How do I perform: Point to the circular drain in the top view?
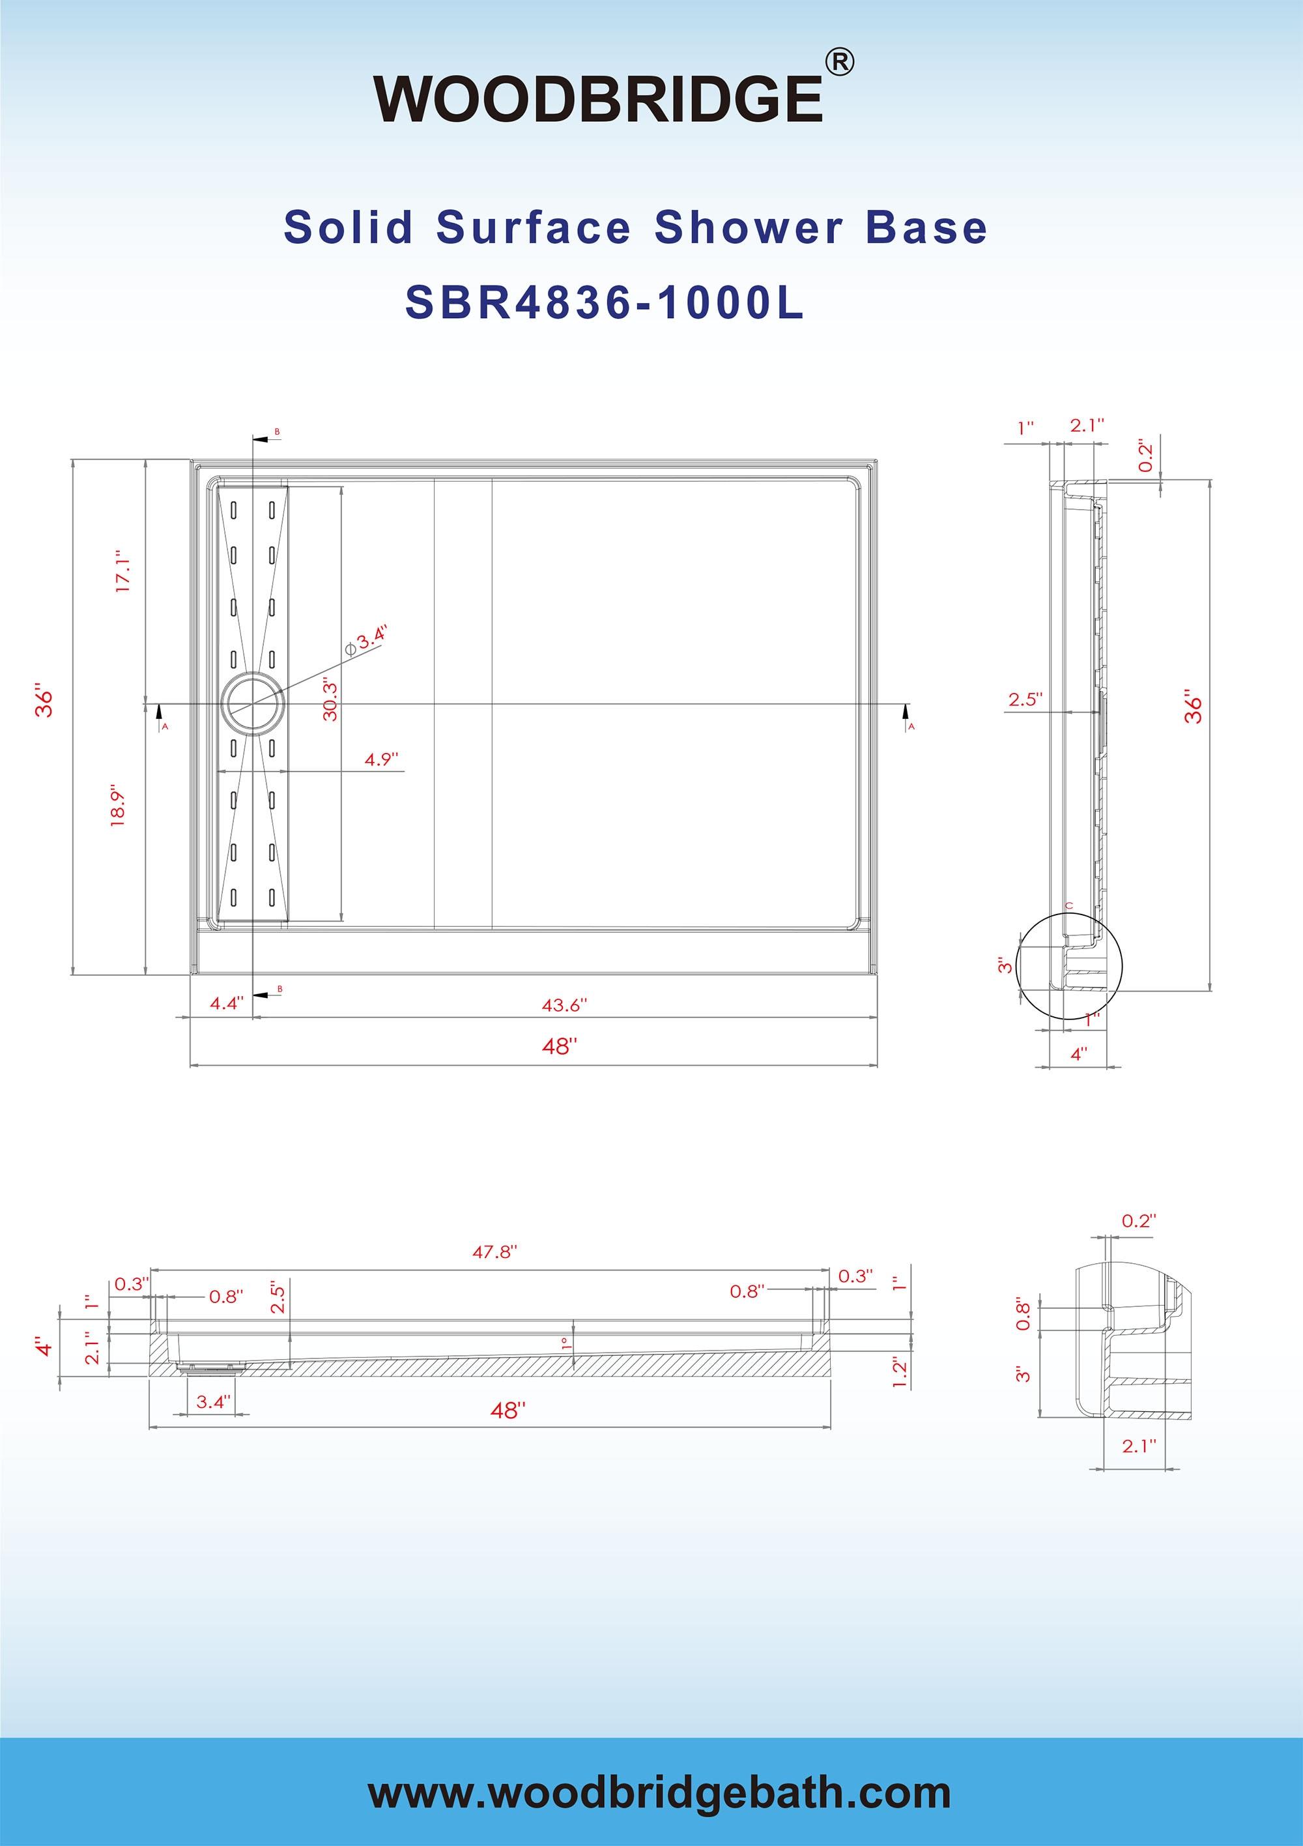253,705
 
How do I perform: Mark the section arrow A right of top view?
907,714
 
